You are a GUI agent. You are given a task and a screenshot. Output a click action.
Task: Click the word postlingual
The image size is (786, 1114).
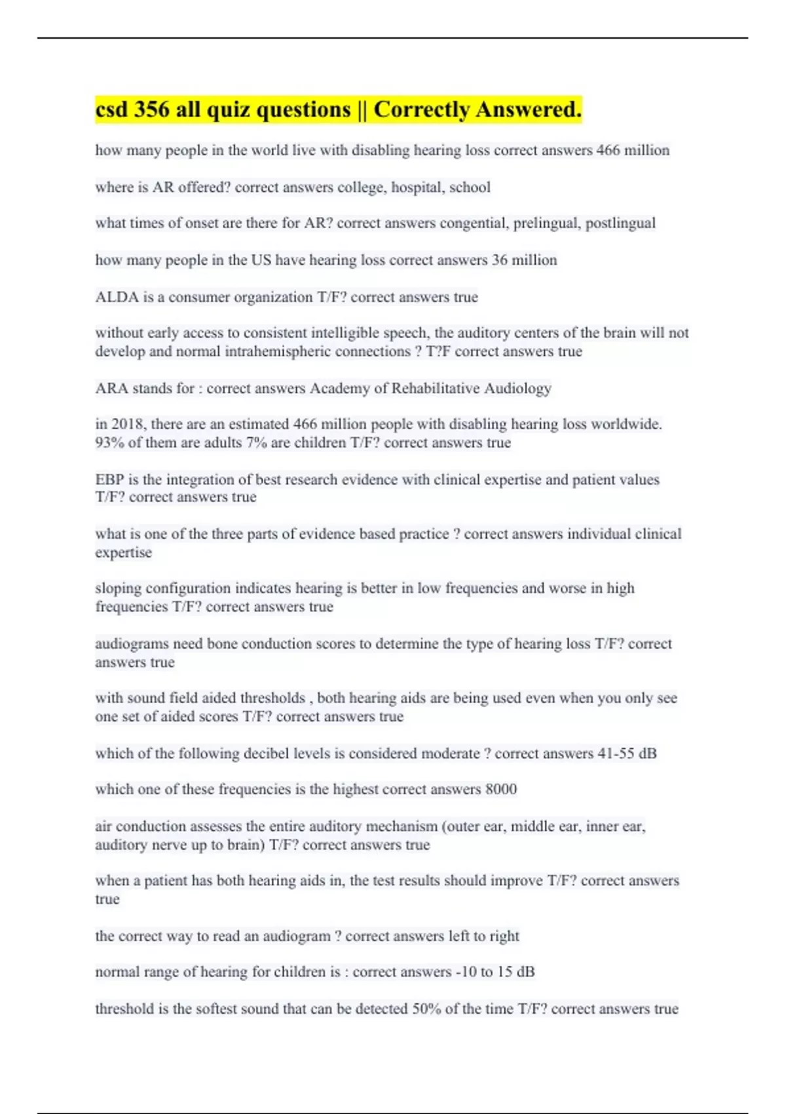(x=620, y=223)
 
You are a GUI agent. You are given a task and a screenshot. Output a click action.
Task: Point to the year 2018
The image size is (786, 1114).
(x=128, y=425)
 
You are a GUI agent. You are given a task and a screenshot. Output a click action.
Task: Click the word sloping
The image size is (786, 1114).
(x=118, y=588)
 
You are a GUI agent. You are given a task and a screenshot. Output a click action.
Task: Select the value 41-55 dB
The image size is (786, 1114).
(x=627, y=754)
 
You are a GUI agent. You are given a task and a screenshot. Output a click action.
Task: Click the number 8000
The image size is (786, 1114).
(x=500, y=790)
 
